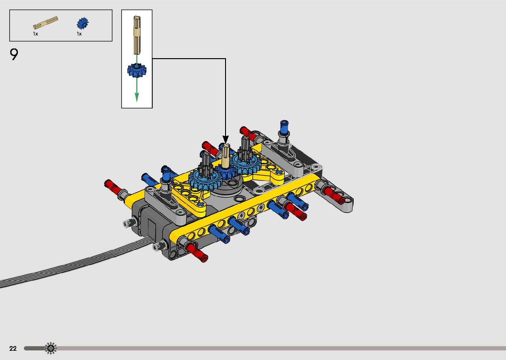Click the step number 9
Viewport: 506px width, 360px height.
[14, 54]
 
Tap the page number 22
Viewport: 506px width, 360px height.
[13, 348]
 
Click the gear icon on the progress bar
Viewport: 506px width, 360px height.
[51, 348]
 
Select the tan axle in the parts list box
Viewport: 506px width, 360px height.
[45, 22]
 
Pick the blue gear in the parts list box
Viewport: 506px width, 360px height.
[83, 23]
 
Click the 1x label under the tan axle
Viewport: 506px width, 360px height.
[35, 34]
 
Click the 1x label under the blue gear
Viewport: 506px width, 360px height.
[79, 34]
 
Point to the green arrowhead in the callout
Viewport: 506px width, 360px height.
[137, 97]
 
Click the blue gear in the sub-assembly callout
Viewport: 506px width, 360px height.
[137, 70]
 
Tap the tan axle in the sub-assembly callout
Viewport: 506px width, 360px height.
[137, 35]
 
